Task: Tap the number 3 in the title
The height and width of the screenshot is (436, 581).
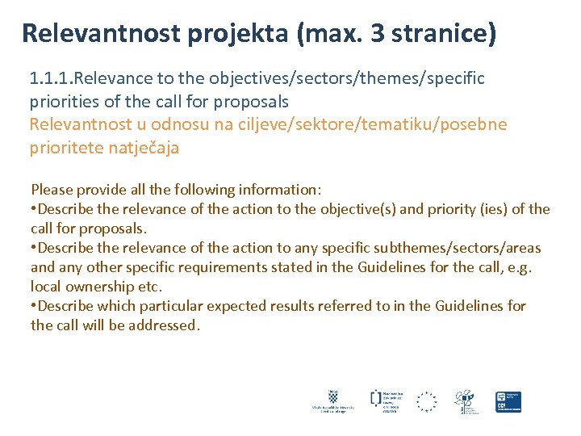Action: pyautogui.click(x=377, y=34)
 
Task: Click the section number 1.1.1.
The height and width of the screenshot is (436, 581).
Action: pyautogui.click(x=52, y=78)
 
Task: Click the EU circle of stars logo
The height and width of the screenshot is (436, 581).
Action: pyautogui.click(x=426, y=401)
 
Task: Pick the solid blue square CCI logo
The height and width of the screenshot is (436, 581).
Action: pyautogui.click(x=508, y=401)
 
